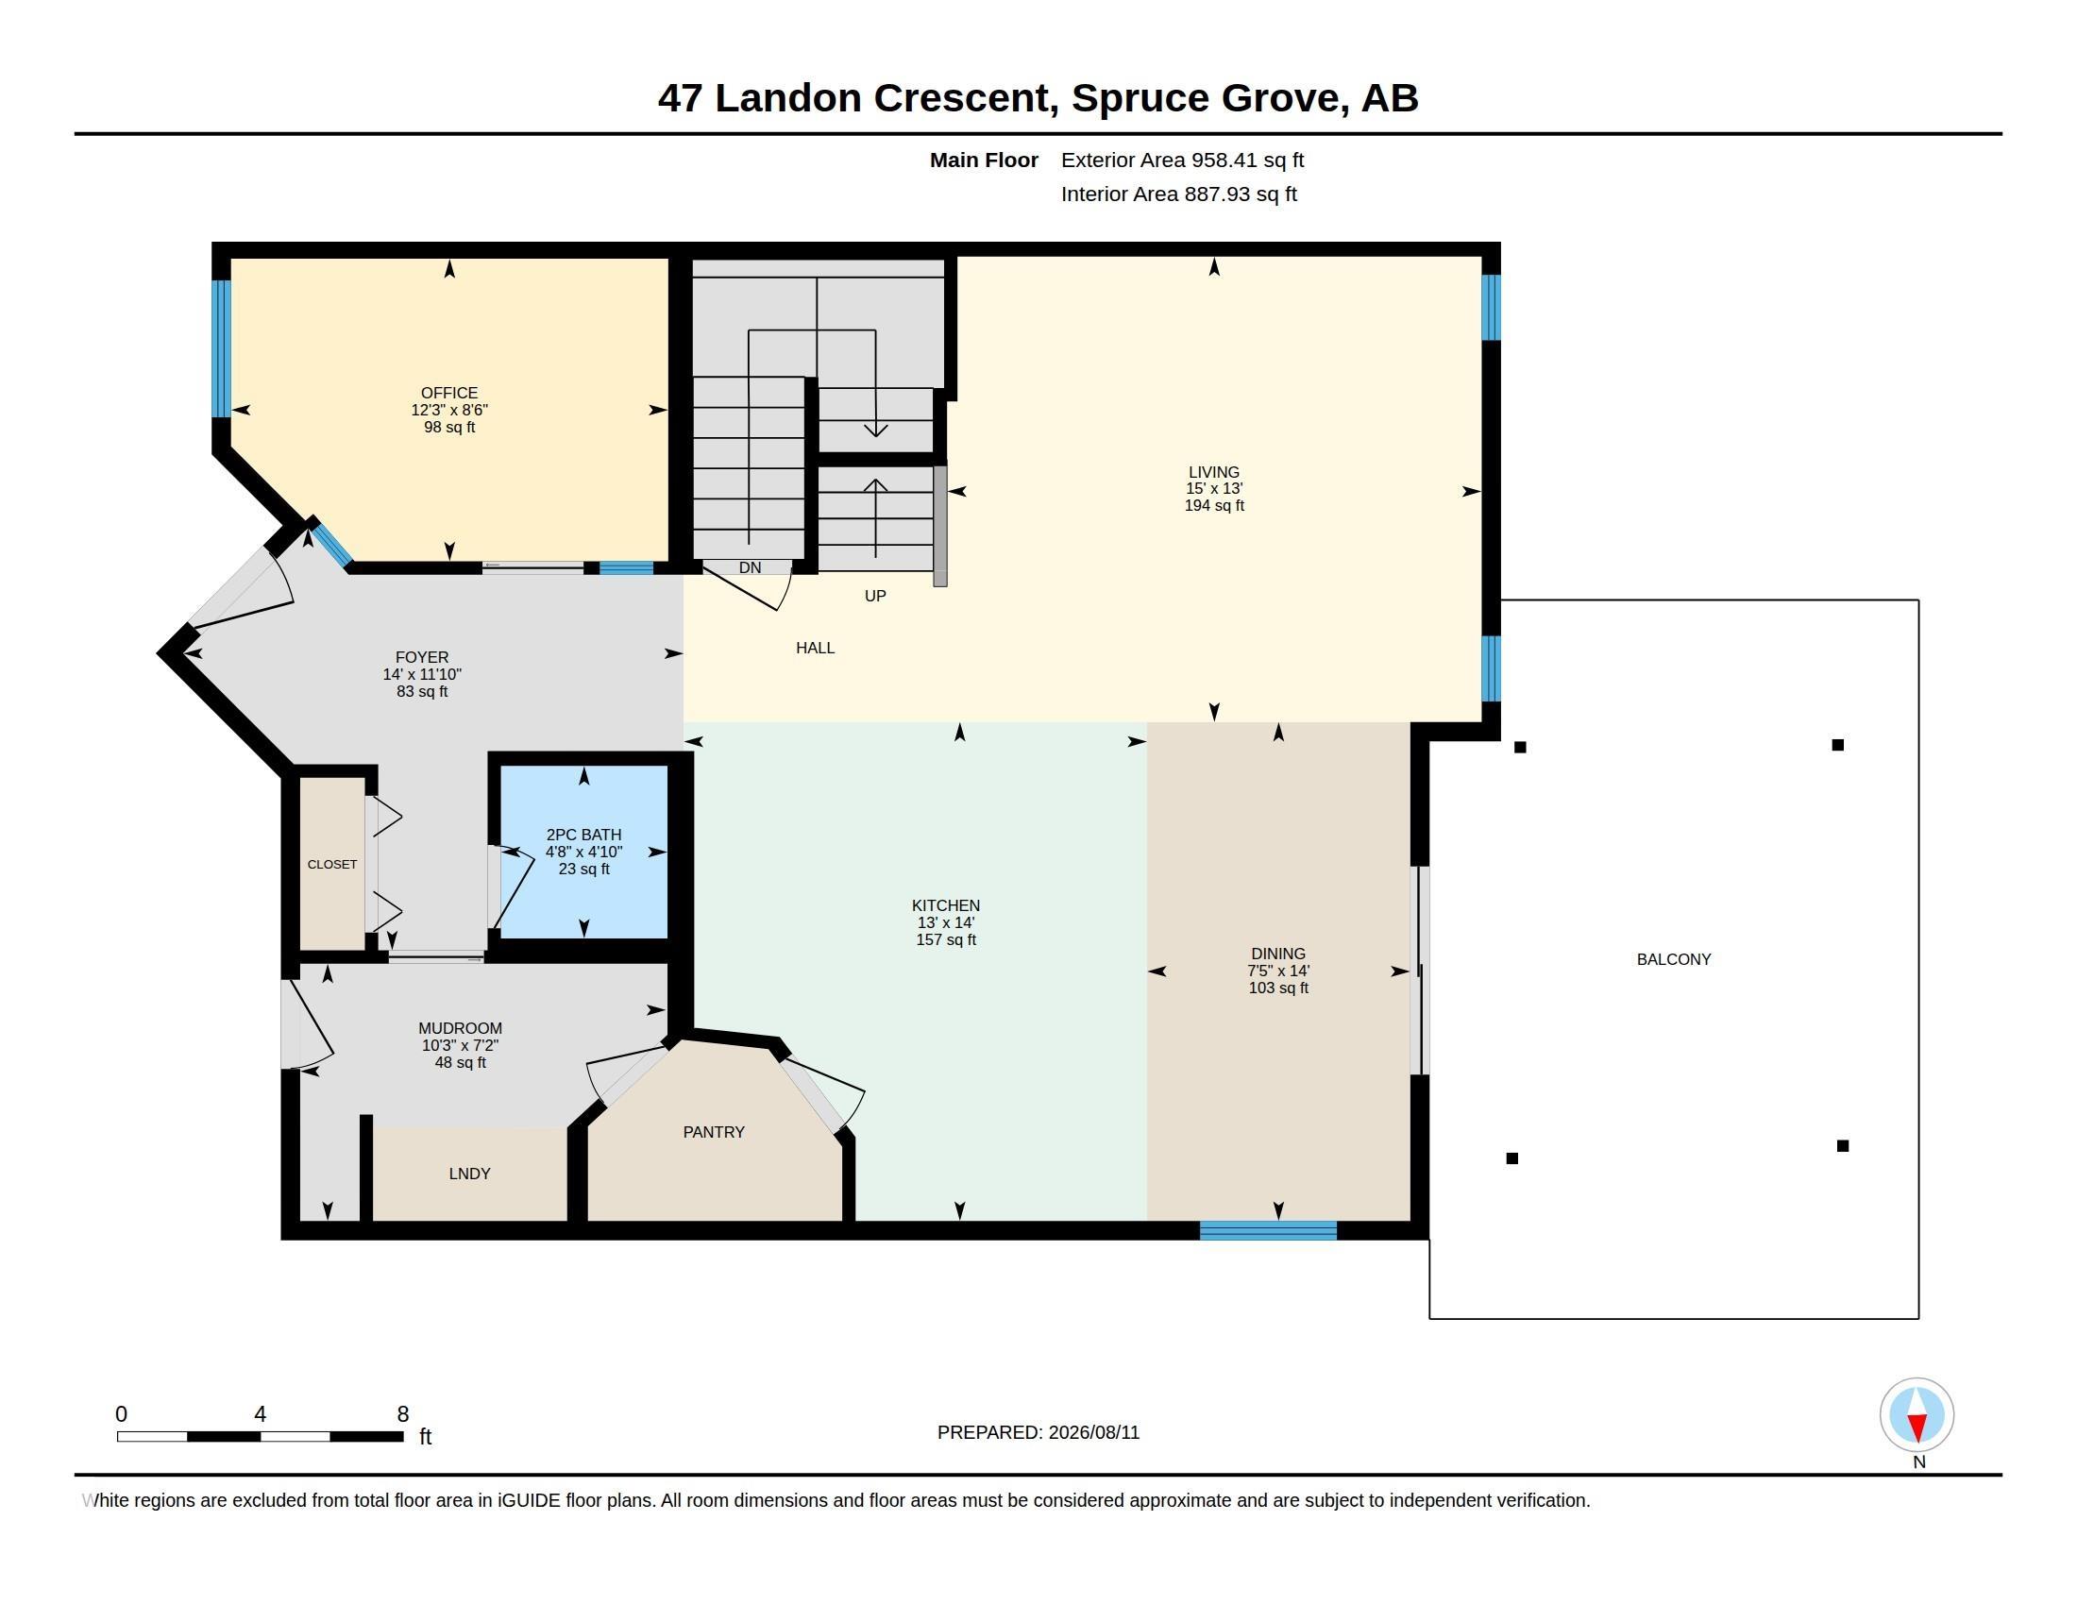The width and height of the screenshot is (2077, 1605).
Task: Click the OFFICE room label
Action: (x=448, y=393)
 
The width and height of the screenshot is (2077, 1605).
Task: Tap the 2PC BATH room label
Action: (x=583, y=835)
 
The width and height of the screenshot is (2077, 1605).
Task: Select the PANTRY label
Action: (x=713, y=1131)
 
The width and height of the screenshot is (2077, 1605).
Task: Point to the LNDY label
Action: (x=470, y=1174)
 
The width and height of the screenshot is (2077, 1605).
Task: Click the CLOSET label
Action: (x=332, y=864)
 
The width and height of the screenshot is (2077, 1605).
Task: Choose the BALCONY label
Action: (x=1674, y=959)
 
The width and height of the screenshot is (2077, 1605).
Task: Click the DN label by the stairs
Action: (x=750, y=567)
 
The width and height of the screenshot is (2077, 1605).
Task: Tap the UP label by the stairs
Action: (x=875, y=596)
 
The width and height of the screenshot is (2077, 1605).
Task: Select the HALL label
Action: (x=815, y=648)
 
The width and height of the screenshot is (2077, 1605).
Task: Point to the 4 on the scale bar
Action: (x=260, y=1414)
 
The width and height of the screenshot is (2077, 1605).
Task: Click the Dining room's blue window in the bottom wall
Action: (x=1268, y=1230)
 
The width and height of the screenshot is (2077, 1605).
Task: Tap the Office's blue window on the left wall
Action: (x=221, y=349)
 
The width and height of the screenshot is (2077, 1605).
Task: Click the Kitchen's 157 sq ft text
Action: (x=945, y=940)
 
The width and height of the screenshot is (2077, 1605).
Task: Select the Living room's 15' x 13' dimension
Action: (x=1213, y=489)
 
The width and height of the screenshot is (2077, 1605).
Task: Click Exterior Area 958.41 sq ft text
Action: (x=1182, y=160)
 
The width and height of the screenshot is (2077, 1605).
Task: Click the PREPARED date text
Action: (x=1038, y=1432)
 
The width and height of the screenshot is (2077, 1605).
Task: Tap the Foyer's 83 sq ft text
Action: (x=422, y=692)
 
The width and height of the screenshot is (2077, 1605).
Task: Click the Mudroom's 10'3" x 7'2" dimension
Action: (x=461, y=1046)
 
